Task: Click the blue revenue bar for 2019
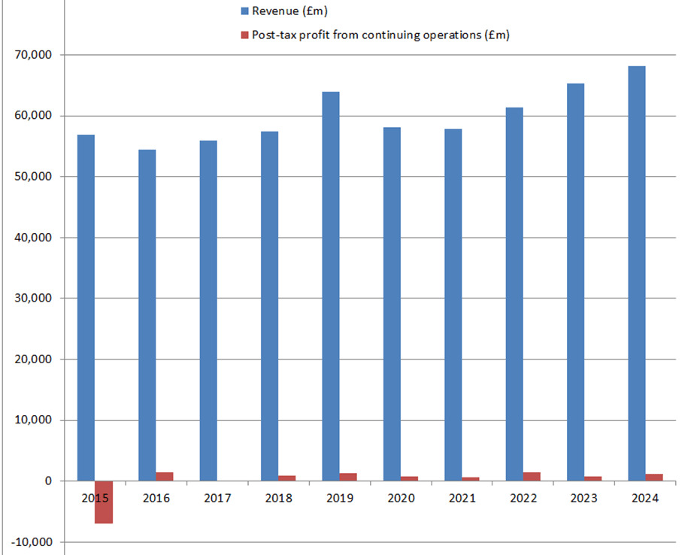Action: tap(331, 286)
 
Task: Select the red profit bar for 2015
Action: tap(104, 502)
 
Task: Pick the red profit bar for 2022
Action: tap(532, 477)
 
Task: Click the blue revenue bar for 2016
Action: tap(147, 315)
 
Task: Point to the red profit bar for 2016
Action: tap(165, 477)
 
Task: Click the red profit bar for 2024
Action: tap(654, 478)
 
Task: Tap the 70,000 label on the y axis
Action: tap(32, 55)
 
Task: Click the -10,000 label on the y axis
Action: tap(32, 542)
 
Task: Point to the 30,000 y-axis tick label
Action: tap(32, 299)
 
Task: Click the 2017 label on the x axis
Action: tap(217, 499)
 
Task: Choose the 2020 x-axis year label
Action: tap(401, 499)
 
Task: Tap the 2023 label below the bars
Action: tap(584, 499)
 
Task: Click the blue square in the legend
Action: tap(244, 11)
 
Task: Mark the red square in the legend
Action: tap(244, 35)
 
